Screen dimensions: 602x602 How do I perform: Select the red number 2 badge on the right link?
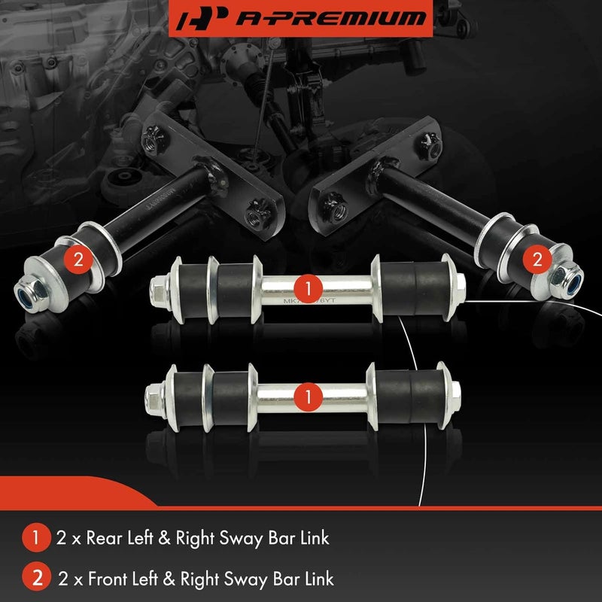click(x=536, y=260)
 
